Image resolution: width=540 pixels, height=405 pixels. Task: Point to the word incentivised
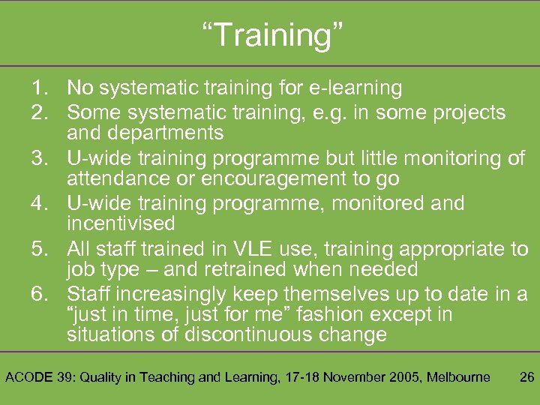click(x=121, y=223)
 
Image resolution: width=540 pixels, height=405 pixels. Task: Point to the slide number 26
click(x=526, y=376)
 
